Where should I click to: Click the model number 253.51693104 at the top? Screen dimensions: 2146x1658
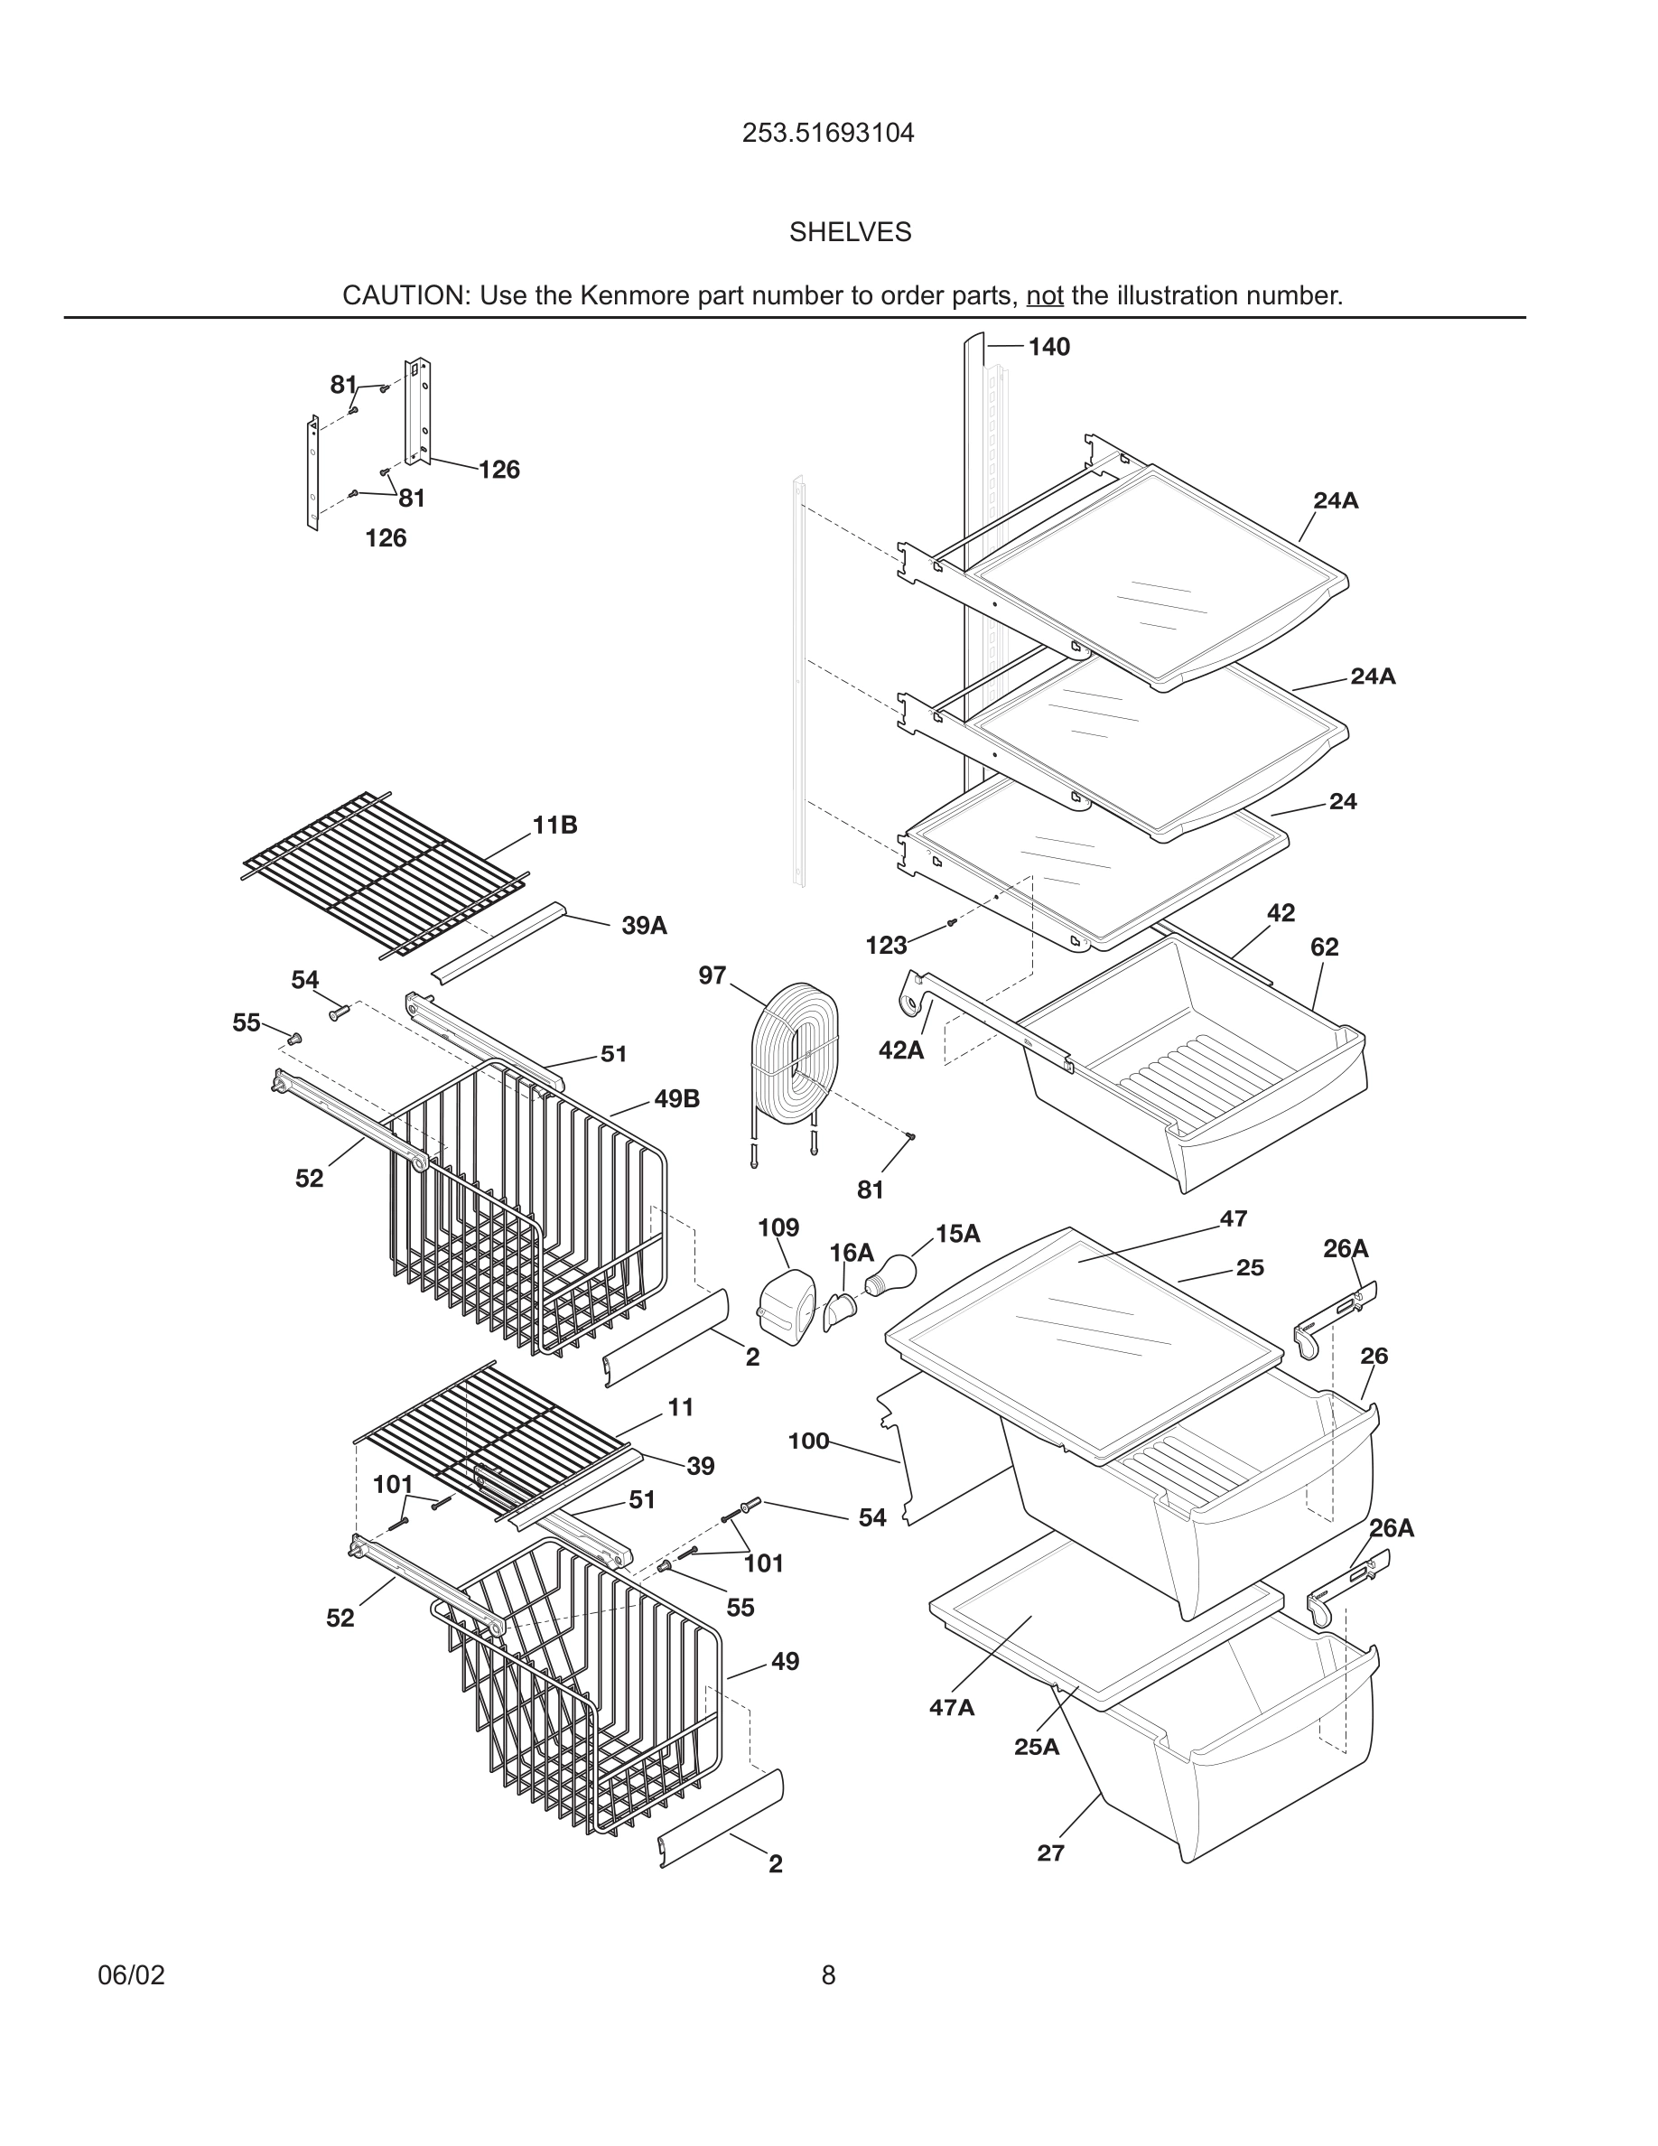[827, 133]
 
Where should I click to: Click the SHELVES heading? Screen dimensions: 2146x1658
[850, 232]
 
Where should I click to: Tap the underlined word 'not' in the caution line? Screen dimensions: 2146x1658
[1044, 295]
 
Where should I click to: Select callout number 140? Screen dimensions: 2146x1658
[1048, 347]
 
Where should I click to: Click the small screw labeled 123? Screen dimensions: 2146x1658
[951, 923]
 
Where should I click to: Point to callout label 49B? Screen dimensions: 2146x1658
[676, 1098]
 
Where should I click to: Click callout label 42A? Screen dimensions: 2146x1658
[900, 1050]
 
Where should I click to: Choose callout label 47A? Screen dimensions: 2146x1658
[951, 1707]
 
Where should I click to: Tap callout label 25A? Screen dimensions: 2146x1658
[1037, 1746]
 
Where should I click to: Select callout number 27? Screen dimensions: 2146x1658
[1050, 1852]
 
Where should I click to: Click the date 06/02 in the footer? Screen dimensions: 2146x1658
[131, 1975]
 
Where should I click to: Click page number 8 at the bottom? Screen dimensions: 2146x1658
[828, 1975]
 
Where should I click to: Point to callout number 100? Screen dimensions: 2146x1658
[807, 1441]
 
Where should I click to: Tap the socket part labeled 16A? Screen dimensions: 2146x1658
[840, 1310]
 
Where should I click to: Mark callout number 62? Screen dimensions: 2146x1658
[1323, 947]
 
